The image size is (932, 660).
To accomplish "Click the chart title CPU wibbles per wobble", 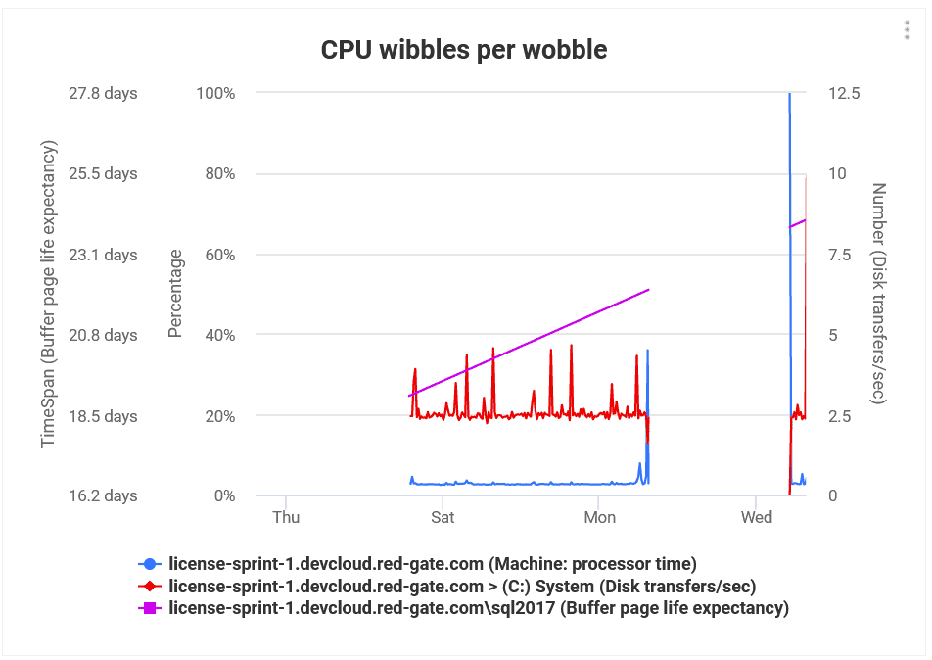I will [464, 49].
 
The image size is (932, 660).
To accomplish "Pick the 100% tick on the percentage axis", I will [215, 93].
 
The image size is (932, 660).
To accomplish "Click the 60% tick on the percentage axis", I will [218, 255].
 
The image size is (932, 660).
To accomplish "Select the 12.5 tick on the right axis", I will [844, 93].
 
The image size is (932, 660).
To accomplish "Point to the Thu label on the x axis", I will [286, 517].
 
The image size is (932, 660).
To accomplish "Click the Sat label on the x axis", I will [443, 517].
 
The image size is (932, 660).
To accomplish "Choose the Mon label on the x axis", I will [599, 517].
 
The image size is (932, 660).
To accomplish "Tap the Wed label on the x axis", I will [757, 517].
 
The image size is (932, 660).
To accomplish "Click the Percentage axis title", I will [176, 294].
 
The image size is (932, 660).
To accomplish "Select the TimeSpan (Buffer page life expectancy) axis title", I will [49, 294].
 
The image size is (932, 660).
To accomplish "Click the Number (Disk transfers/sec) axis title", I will [879, 294].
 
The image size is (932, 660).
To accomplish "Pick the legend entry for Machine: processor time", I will [432, 563].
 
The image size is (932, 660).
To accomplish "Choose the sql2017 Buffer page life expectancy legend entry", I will [478, 608].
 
